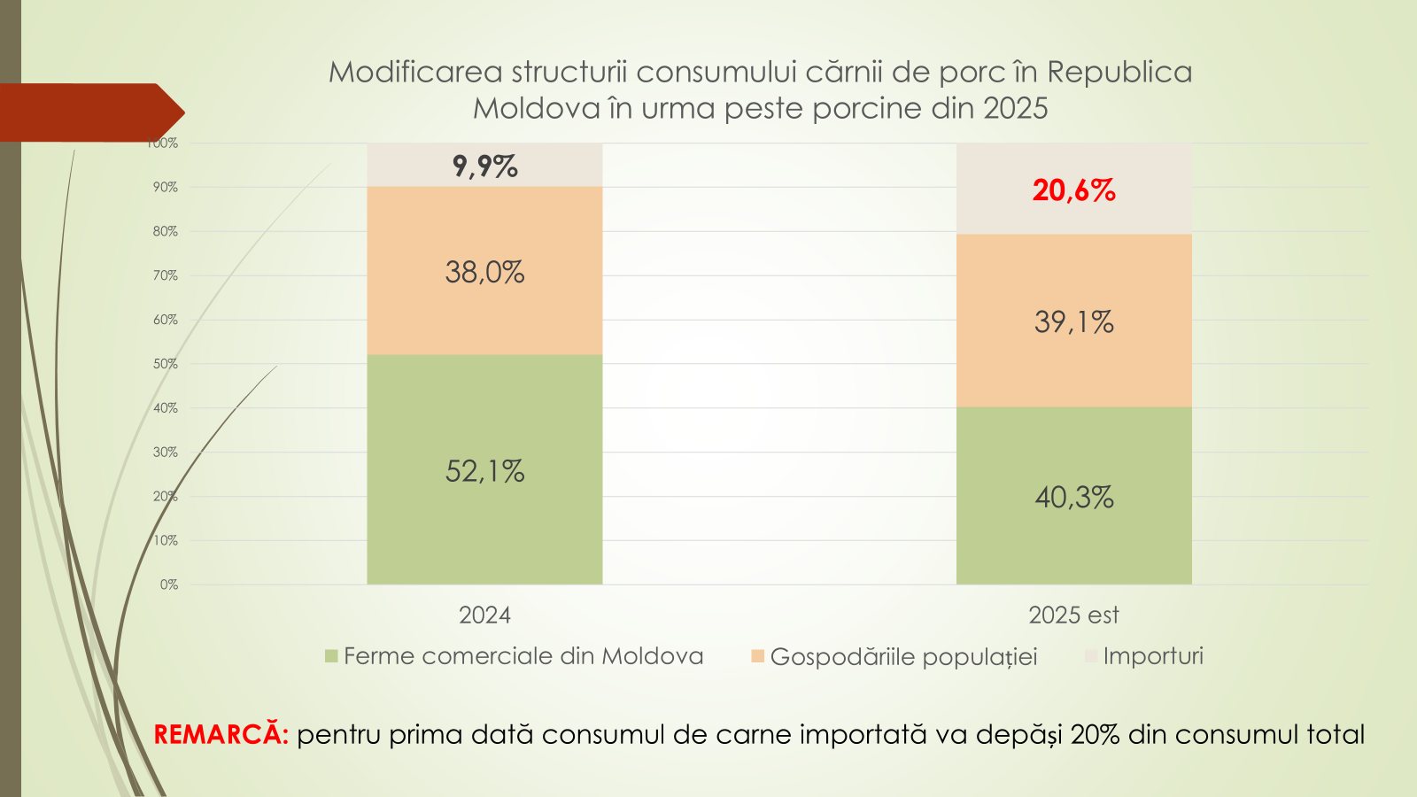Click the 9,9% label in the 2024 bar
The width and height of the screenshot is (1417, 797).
click(x=484, y=166)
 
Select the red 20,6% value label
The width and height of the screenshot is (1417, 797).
click(x=1073, y=190)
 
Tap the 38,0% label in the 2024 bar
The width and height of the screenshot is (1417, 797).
click(x=484, y=272)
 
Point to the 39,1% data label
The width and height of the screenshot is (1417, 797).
click(x=1073, y=321)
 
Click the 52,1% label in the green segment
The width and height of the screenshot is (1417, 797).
click(x=484, y=471)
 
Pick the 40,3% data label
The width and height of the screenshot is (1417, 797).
click(x=1073, y=498)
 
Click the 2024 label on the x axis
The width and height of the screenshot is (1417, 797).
click(x=484, y=615)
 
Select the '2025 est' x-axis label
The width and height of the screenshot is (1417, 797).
click(x=1073, y=615)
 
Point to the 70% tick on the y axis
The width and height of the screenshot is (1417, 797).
click(x=166, y=275)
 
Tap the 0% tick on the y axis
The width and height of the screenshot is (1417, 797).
click(x=169, y=584)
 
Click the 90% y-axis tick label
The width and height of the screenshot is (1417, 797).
click(x=166, y=187)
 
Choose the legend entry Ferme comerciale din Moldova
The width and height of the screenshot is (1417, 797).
click(x=523, y=656)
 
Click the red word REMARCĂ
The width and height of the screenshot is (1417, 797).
click(x=221, y=735)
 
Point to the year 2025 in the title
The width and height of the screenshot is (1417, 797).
click(x=1015, y=108)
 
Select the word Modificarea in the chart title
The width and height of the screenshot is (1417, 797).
click(x=415, y=72)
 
